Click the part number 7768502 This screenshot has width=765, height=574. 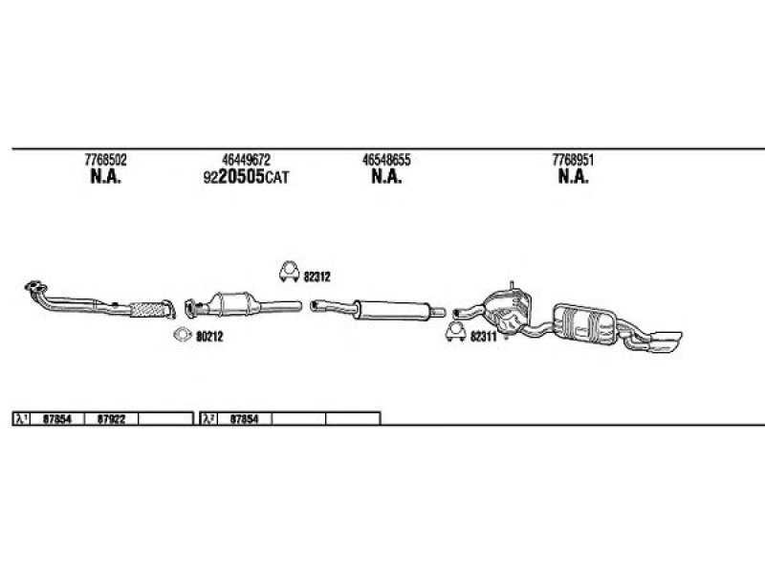click(105, 160)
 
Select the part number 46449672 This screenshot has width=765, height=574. click(246, 160)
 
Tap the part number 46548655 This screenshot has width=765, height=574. click(386, 160)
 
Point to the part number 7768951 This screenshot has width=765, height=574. click(573, 160)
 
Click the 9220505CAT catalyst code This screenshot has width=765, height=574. click(246, 177)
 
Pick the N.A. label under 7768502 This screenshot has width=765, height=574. click(105, 177)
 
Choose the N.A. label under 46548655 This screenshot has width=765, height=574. click(386, 177)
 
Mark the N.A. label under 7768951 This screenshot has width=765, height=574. click(573, 177)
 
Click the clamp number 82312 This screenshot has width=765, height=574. click(317, 276)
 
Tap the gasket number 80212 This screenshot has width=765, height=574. click(209, 337)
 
